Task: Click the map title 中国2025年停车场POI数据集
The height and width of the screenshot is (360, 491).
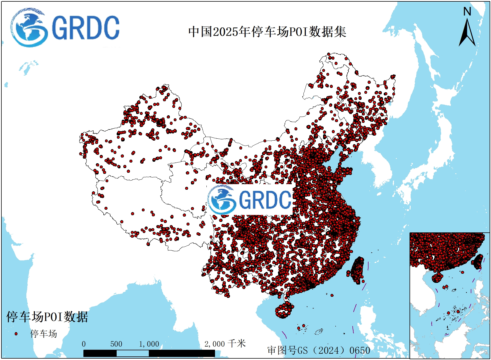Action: [267, 32]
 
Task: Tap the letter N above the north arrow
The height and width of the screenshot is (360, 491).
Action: [467, 12]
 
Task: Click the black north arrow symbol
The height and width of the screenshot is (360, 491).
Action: [467, 33]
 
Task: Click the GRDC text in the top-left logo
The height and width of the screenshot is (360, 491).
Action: [85, 28]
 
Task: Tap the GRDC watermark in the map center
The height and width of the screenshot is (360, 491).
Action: [250, 199]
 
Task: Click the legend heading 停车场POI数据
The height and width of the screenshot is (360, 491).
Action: [47, 317]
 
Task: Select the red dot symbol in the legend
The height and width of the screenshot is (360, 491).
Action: [16, 334]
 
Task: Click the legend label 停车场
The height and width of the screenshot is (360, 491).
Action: [44, 334]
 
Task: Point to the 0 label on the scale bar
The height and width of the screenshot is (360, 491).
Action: [84, 344]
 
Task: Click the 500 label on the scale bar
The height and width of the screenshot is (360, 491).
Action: [116, 344]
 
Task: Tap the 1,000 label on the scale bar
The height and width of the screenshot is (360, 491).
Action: [149, 344]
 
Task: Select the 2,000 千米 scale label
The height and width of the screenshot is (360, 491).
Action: [225, 344]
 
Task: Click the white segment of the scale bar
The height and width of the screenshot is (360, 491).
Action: [132, 353]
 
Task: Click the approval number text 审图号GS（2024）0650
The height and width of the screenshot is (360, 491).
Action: [319, 350]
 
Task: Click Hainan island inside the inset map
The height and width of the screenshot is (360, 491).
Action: [437, 277]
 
